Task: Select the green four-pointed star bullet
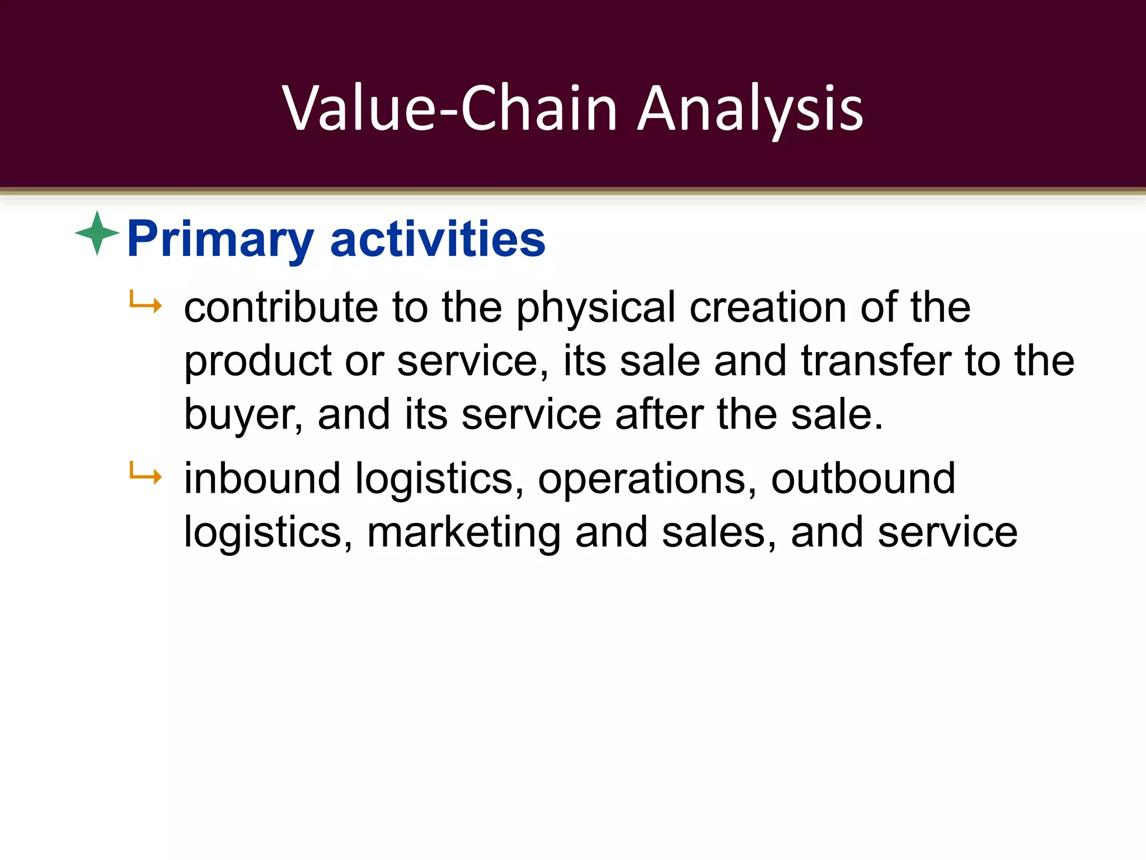97,233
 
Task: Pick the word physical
595,308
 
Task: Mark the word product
258,362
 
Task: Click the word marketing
464,532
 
